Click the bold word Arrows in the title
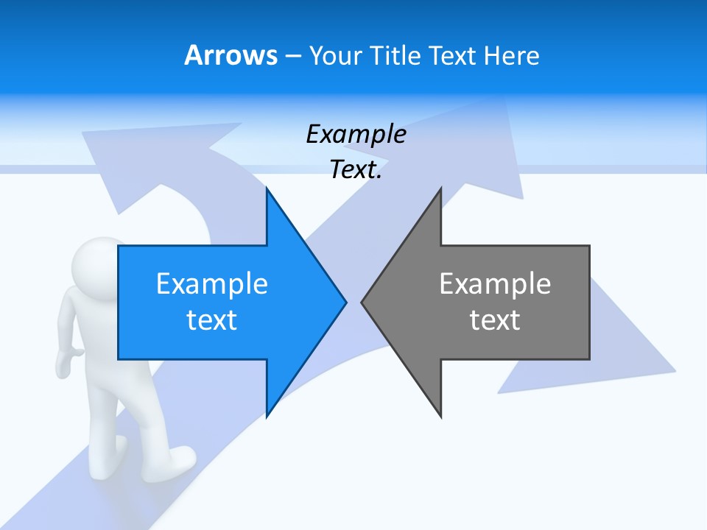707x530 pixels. pyautogui.click(x=231, y=55)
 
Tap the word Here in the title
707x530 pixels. pyautogui.click(x=512, y=55)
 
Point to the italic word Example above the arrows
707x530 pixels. pyautogui.click(x=356, y=134)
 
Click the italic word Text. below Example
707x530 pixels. pyautogui.click(x=356, y=169)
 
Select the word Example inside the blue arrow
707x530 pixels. pyautogui.click(x=212, y=284)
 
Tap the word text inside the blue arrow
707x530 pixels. pyautogui.click(x=212, y=319)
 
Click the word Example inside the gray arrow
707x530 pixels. pyautogui.click(x=495, y=284)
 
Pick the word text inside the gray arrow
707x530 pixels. pyautogui.click(x=495, y=319)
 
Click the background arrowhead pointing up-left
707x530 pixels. pyautogui.click(x=125, y=158)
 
